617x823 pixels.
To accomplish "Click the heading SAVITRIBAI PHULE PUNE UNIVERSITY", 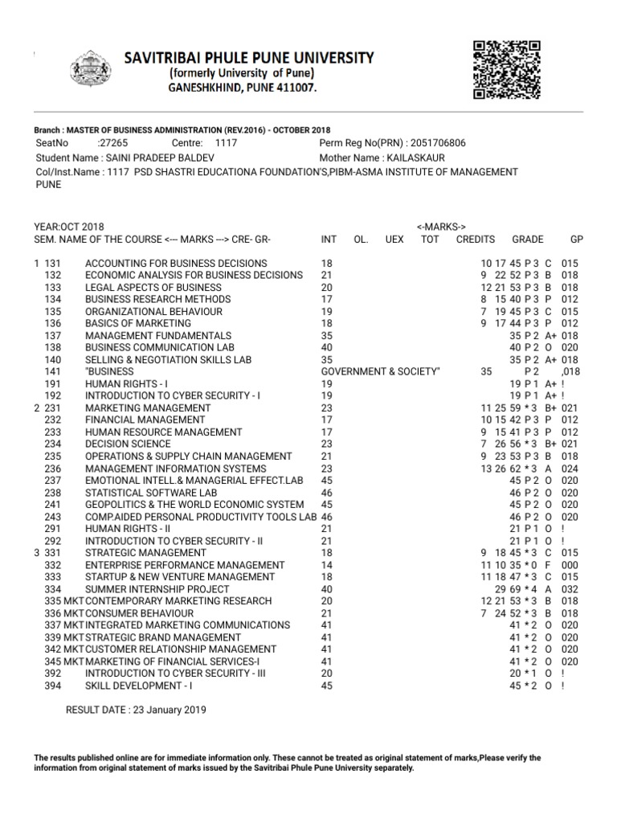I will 248,58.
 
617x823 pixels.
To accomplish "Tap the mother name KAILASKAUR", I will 414,158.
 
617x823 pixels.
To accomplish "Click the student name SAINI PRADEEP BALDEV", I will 161,158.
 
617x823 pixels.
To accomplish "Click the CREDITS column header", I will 476,240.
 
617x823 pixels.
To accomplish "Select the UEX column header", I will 394,240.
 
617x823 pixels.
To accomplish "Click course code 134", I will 53,300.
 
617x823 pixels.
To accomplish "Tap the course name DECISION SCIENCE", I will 128,444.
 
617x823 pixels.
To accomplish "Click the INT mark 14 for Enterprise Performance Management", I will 326,565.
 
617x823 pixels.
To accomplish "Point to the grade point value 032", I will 570,589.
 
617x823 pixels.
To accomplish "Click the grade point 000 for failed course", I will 570,565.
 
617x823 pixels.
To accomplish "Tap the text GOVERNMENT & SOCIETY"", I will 381,372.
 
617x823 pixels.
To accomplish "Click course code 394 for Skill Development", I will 53,686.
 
